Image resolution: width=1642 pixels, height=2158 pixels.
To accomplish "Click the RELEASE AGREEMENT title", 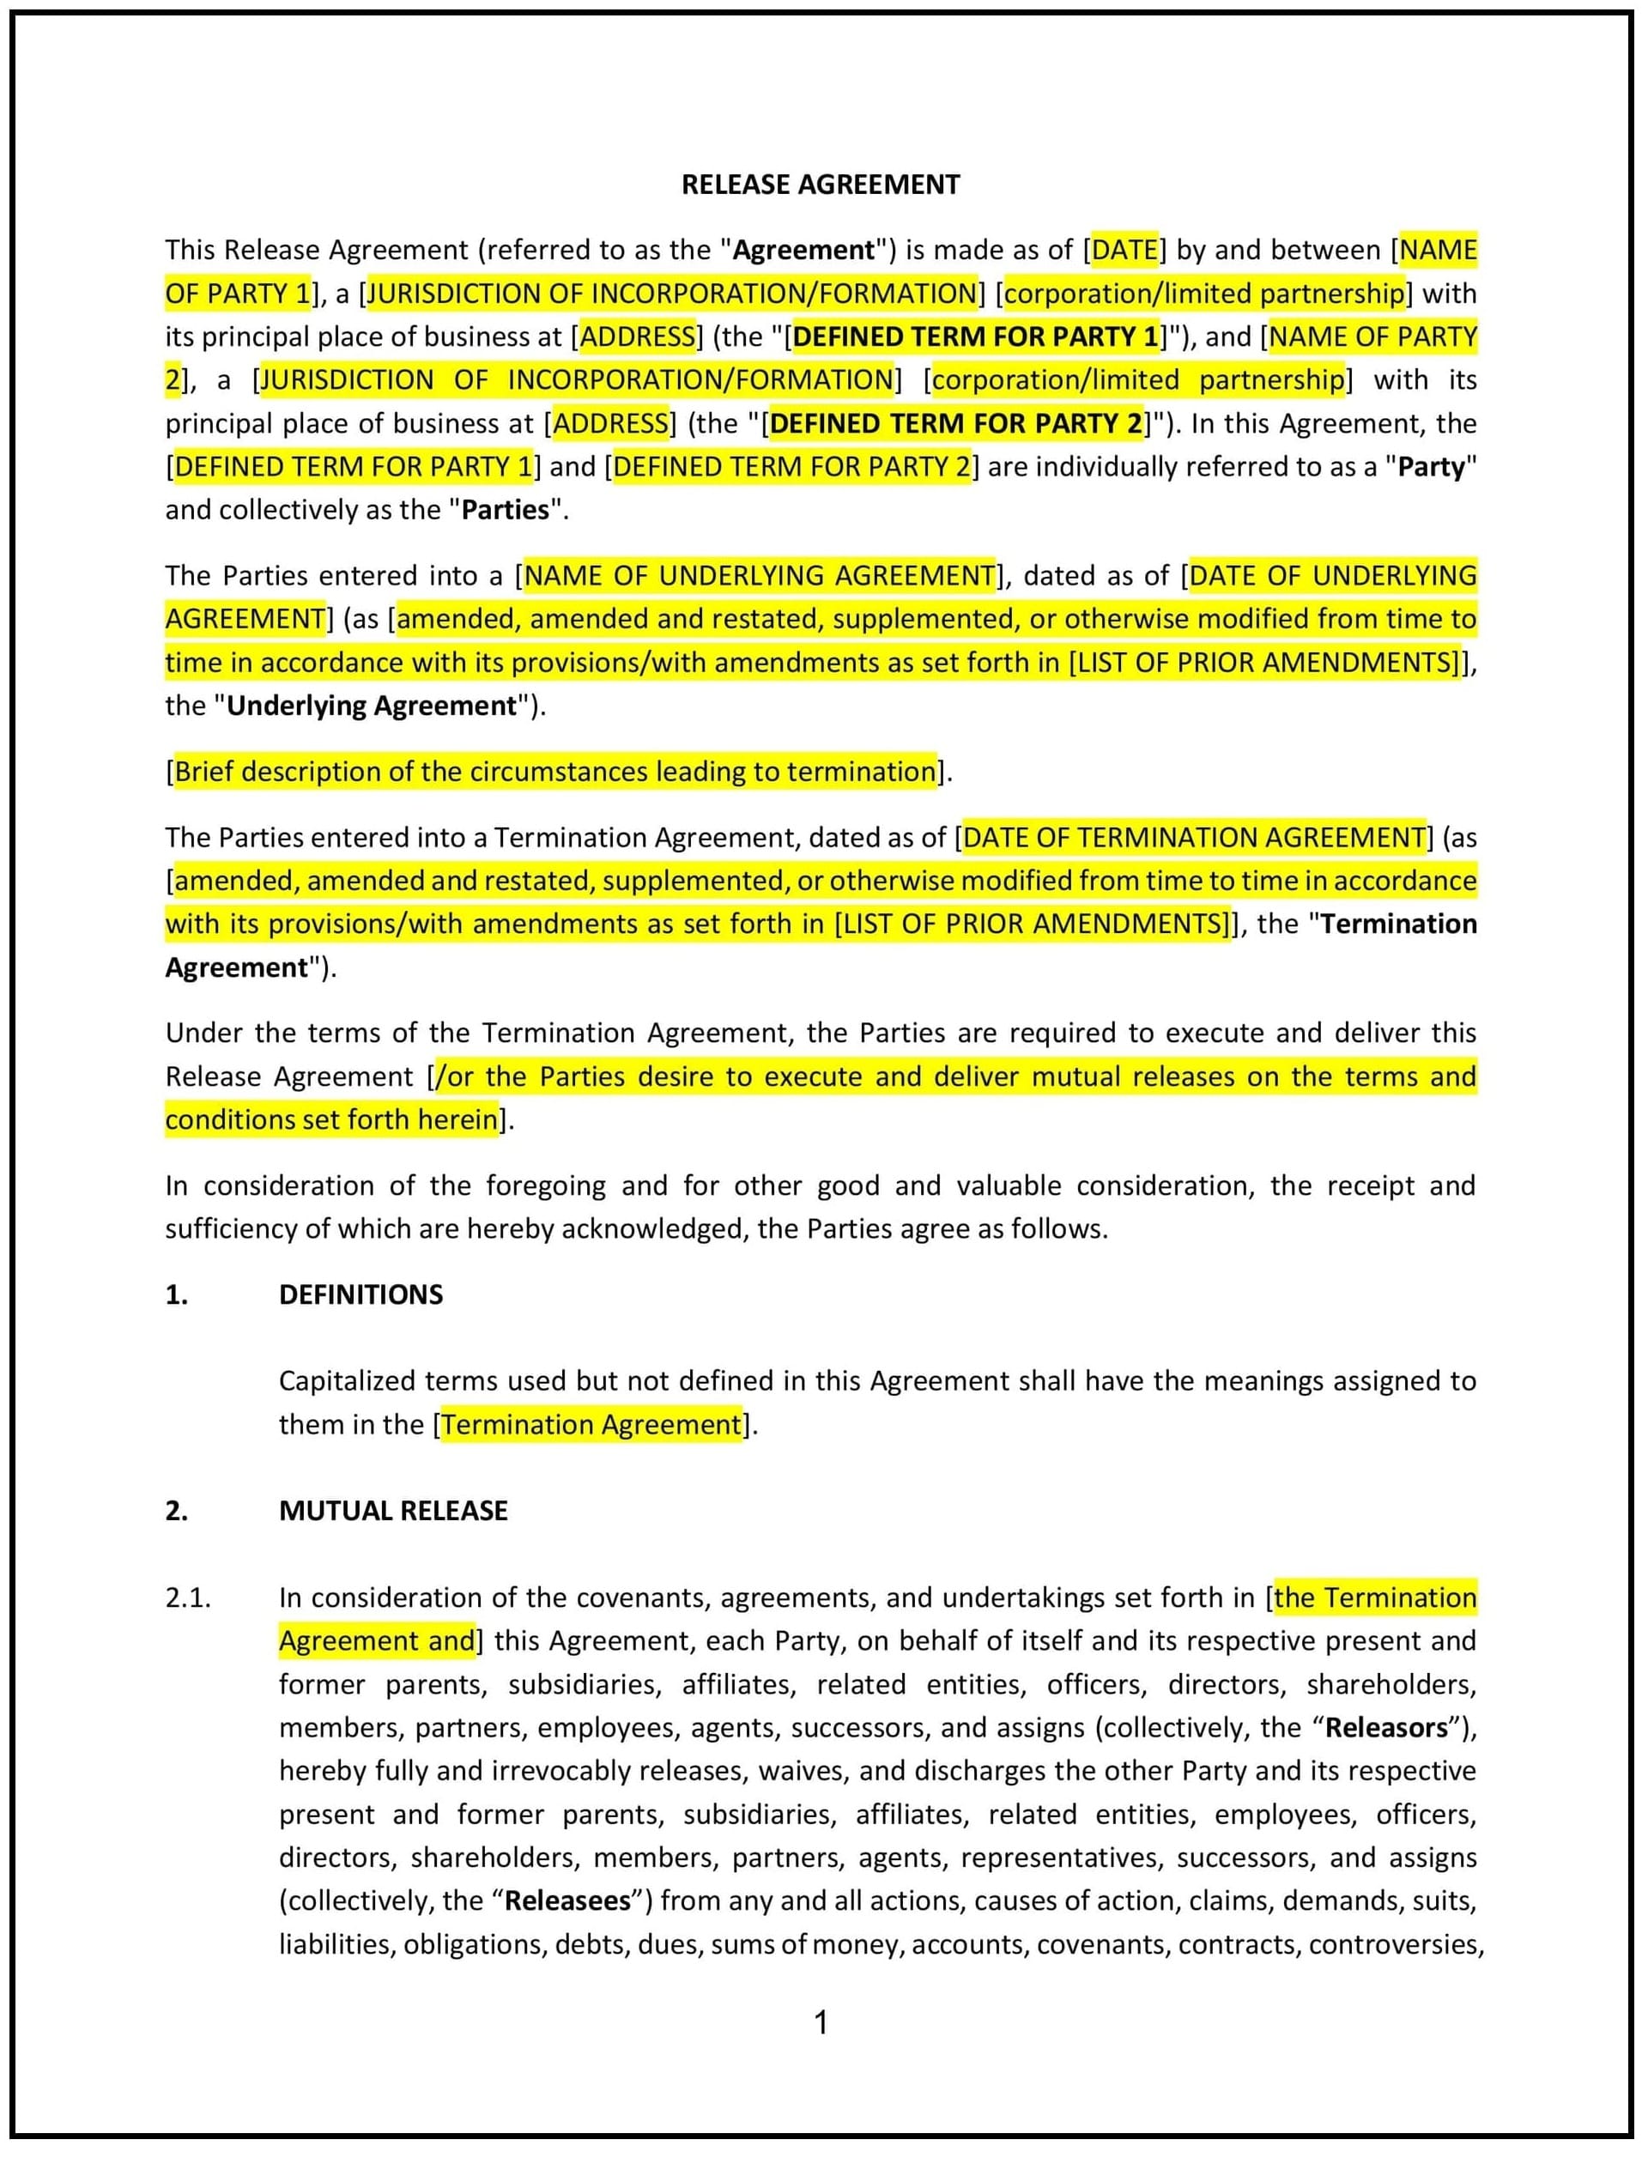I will pos(820,185).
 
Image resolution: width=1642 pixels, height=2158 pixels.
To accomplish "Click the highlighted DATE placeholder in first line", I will pos(1124,250).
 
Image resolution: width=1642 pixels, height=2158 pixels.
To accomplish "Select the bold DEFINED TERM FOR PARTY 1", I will pos(974,336).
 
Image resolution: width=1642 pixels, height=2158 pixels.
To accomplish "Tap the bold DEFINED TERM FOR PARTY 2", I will pos(955,423).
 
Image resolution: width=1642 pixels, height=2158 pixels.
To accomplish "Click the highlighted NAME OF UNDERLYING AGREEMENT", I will pos(760,576).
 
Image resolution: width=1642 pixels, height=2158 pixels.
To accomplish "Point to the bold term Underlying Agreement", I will pos(371,706).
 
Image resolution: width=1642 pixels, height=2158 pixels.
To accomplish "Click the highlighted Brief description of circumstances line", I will pos(555,772).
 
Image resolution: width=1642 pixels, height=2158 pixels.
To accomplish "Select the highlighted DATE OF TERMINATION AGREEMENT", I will pos(1193,838).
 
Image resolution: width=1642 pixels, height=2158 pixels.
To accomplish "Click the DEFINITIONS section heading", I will pos(361,1295).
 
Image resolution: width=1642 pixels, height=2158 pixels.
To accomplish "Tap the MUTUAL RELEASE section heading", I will pos(393,1511).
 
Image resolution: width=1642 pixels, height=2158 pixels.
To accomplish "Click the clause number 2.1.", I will pos(188,1598).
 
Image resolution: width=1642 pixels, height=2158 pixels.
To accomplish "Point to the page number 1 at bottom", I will pos(821,2022).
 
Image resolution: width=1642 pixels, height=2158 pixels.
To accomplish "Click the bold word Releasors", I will pos(1386,1728).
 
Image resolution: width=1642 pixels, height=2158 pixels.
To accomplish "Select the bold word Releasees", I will pos(568,1901).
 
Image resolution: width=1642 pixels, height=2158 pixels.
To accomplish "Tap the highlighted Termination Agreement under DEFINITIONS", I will pos(591,1425).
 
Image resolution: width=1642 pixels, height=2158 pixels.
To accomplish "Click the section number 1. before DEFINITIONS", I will pos(176,1295).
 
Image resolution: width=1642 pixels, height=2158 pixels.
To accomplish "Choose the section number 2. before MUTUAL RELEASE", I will pos(176,1511).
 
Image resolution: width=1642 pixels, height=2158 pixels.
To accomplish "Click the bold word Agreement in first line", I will pos(803,250).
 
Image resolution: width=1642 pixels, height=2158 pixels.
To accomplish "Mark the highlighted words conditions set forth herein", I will pos(331,1120).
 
